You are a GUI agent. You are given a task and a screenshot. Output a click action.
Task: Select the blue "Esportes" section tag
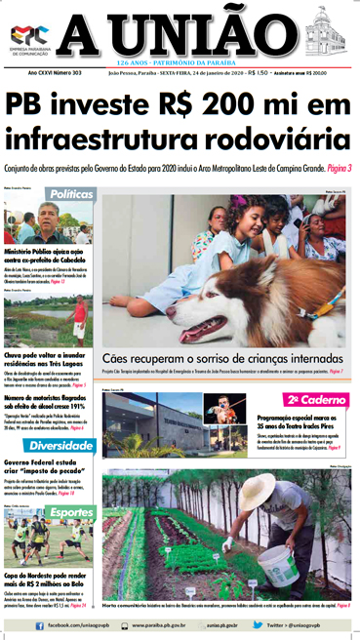coord(71,512)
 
